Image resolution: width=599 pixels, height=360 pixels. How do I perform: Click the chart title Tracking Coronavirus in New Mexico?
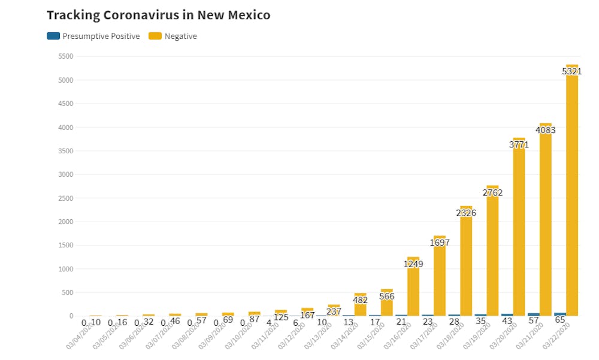point(158,15)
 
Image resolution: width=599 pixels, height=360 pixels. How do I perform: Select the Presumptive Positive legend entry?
point(93,37)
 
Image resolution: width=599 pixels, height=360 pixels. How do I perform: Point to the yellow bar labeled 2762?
point(492,258)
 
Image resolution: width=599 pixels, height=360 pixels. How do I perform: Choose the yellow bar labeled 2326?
point(466,270)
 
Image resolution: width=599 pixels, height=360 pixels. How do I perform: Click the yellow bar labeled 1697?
point(440,282)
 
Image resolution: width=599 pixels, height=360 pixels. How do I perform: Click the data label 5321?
point(572,71)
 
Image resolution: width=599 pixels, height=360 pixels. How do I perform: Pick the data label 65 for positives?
point(561,321)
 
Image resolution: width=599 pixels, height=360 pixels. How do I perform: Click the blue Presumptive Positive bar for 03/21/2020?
point(533,314)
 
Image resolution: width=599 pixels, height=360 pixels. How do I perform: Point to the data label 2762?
point(492,193)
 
